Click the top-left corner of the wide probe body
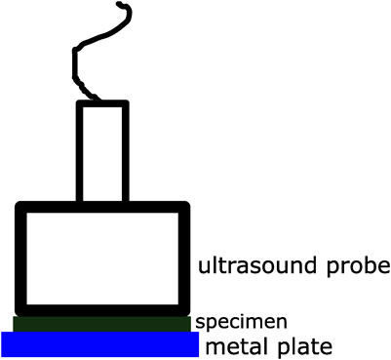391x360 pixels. pos(20,206)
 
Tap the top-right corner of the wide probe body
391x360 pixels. pos(184,206)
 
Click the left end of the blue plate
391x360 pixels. pos(5,344)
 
